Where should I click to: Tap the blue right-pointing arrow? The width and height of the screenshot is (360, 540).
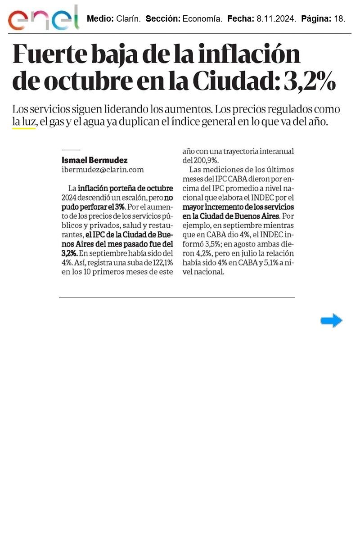332,321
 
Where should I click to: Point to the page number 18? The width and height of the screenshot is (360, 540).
340,19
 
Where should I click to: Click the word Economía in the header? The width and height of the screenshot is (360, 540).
202,19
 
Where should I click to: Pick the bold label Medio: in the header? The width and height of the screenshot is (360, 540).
100,19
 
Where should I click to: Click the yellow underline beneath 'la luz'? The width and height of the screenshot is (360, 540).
23,129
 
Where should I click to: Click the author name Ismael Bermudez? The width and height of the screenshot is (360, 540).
94,160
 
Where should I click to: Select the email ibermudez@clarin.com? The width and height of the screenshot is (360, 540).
103,170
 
